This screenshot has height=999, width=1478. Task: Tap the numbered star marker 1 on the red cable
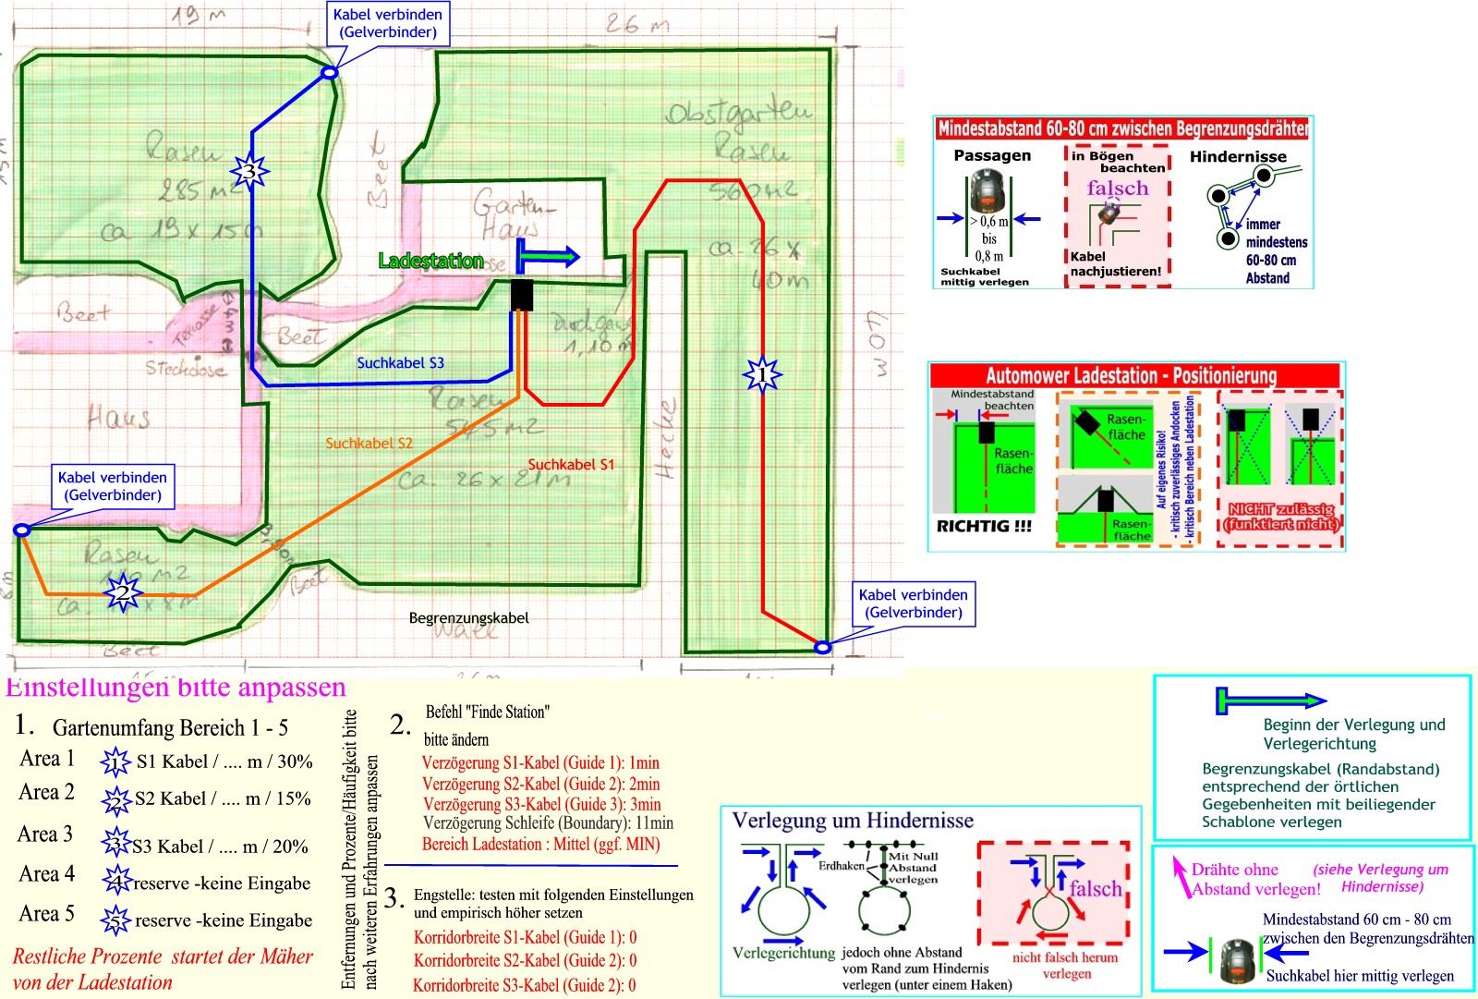[x=762, y=374]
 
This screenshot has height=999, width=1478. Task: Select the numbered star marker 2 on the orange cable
[x=121, y=592]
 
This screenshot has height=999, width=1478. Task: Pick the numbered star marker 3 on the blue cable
[x=248, y=171]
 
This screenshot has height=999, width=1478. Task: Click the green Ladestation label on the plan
[x=430, y=262]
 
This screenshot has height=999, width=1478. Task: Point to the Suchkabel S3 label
[x=400, y=363]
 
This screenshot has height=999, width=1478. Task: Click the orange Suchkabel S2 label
[x=369, y=444]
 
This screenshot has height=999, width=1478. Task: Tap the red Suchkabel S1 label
[x=571, y=465]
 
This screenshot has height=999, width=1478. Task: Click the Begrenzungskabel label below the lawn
[x=468, y=617]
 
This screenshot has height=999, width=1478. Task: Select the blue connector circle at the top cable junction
[x=329, y=72]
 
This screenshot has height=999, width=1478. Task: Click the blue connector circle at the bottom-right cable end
[x=822, y=647]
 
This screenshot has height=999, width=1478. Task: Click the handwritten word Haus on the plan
[x=118, y=419]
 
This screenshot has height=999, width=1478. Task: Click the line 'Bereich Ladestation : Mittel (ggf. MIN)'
[x=540, y=844]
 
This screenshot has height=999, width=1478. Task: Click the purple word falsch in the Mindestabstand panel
[x=1117, y=189]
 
